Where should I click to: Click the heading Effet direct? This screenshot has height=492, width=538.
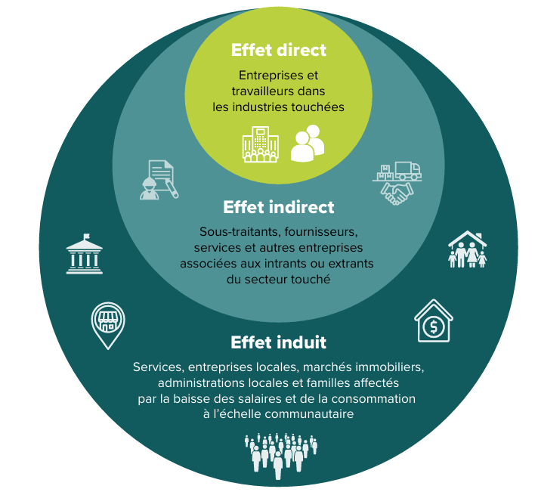278,51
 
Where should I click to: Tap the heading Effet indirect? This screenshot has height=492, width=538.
278,207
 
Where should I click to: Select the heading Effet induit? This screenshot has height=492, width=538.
278,342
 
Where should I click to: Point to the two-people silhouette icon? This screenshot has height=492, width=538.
307,144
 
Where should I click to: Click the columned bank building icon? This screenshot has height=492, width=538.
85,254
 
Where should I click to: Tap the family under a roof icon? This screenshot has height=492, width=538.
467,249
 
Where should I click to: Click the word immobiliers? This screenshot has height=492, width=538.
389,367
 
